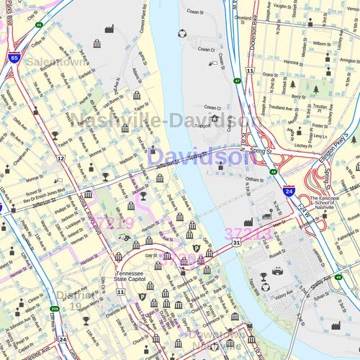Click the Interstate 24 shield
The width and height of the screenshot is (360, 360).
(288, 192)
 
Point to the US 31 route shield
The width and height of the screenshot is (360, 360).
(236, 244)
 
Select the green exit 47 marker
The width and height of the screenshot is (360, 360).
(237, 81)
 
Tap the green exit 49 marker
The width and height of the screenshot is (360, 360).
(274, 171)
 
